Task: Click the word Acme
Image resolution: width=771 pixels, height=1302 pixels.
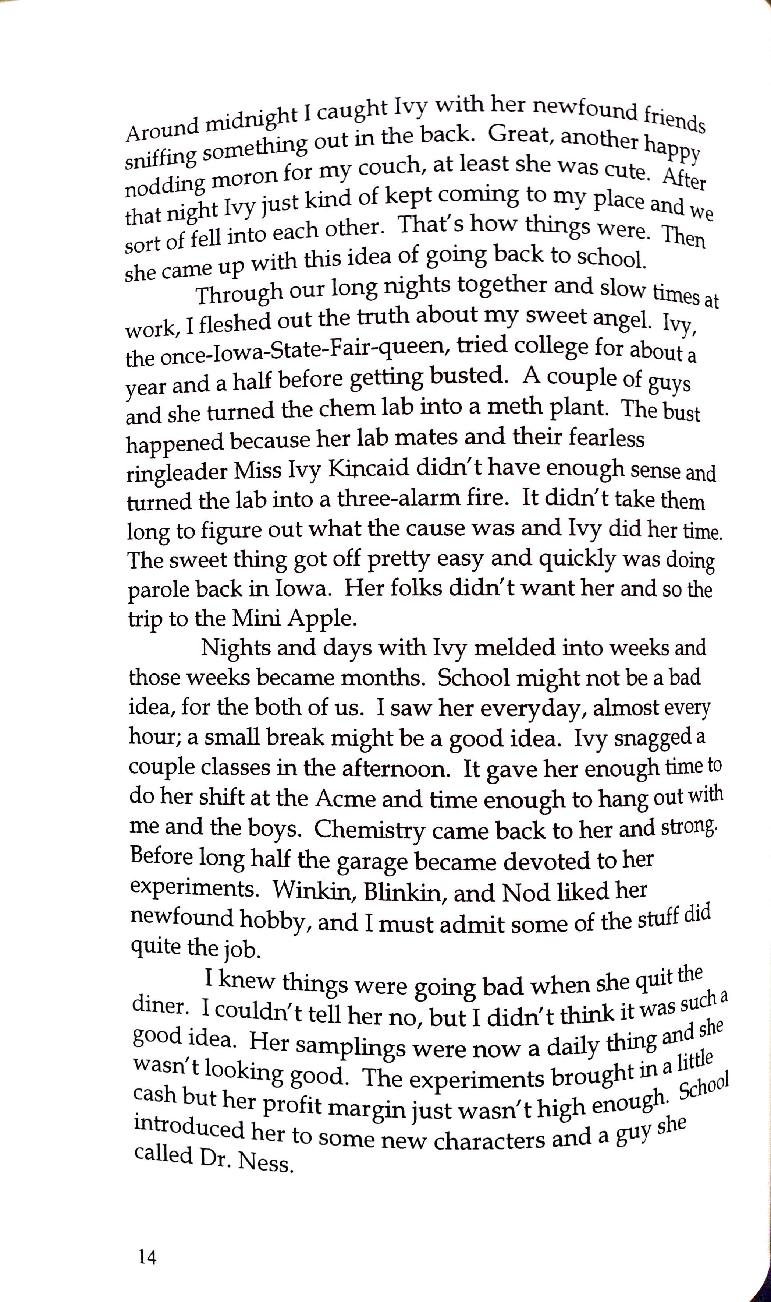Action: pyautogui.click(x=345, y=798)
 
